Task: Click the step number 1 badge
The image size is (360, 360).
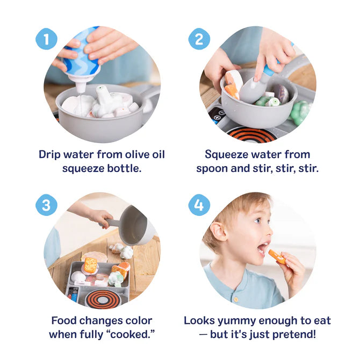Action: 47,39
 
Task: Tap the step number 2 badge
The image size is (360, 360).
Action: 199,39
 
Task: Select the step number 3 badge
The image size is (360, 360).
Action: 47,205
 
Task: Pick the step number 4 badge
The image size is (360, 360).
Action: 199,205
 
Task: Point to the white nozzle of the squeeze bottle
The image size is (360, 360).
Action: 81,86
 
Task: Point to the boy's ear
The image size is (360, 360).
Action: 218,232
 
